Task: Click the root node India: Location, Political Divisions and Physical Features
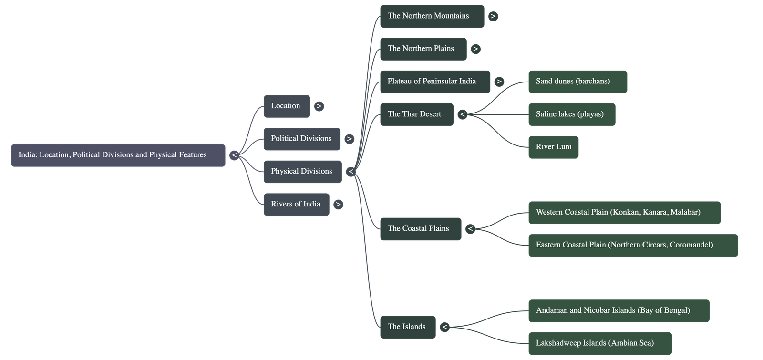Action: point(118,155)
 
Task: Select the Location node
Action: point(287,106)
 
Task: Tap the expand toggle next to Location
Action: point(319,106)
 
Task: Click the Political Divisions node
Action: point(302,139)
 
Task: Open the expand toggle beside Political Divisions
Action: point(349,139)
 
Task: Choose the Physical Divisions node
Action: point(302,172)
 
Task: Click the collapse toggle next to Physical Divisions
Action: point(351,172)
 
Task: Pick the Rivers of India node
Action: point(296,204)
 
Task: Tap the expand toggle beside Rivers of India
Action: point(338,205)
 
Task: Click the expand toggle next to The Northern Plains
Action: point(475,49)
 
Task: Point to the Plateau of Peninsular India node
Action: point(434,82)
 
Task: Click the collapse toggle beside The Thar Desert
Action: point(462,114)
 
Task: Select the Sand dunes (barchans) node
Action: point(577,82)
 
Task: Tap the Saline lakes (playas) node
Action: point(571,114)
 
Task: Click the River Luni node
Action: point(553,147)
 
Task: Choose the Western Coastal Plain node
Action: point(624,213)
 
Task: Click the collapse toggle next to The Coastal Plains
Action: point(470,229)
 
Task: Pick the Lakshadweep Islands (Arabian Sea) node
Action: point(599,343)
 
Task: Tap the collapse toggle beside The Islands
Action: point(444,327)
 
